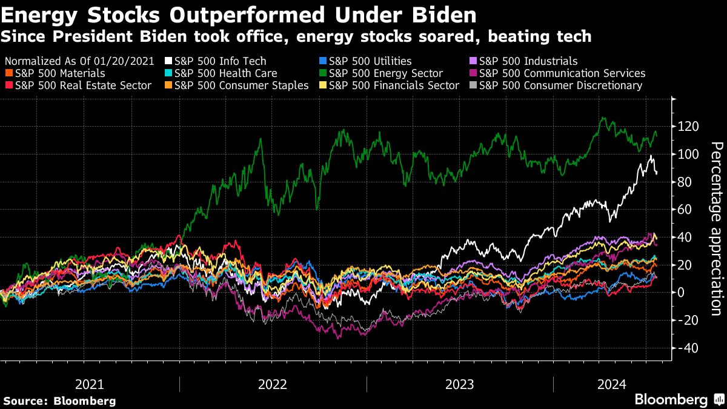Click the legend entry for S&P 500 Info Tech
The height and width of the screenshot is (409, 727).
220,61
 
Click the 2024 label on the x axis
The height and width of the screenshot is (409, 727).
612,384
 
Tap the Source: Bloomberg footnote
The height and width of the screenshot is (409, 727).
59,401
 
